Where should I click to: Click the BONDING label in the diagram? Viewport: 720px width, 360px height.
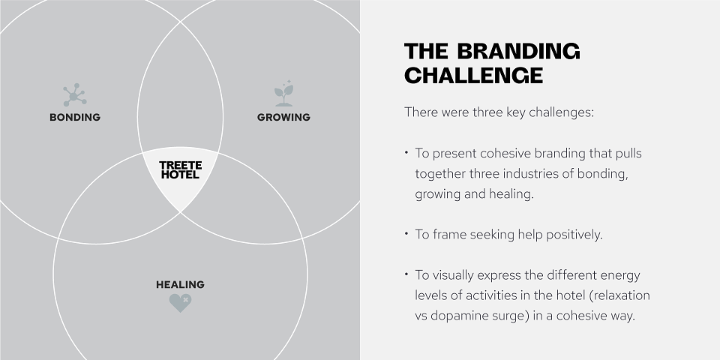click(75, 117)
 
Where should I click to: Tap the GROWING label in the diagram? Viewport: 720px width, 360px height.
click(283, 117)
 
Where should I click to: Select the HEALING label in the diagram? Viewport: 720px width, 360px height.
click(180, 285)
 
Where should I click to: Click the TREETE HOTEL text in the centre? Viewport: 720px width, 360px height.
click(181, 170)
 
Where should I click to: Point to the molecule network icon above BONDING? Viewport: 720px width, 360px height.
click(74, 95)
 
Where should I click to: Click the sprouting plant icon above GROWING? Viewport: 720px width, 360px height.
click(283, 93)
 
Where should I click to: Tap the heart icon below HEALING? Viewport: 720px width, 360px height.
click(180, 303)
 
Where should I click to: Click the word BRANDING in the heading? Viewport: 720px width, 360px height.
click(518, 51)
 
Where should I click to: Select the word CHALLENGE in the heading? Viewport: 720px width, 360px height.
click(473, 75)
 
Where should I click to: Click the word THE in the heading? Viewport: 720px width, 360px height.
click(426, 51)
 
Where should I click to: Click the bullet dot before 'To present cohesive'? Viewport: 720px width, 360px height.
click(406, 151)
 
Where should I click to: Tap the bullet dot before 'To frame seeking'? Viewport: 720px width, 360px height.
click(406, 232)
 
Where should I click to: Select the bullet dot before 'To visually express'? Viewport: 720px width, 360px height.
click(406, 273)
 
